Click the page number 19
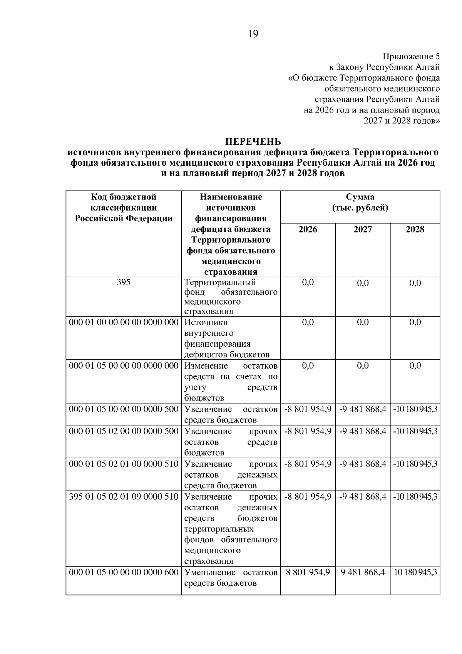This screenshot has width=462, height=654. coord(253,34)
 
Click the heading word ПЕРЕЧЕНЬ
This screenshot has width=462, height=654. coord(253,142)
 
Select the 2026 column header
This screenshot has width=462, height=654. coord(308,230)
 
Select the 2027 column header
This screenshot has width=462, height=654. coord(363,230)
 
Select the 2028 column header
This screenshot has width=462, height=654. coord(415,230)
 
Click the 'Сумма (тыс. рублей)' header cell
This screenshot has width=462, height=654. coord(360,203)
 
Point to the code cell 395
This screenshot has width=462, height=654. coord(124,282)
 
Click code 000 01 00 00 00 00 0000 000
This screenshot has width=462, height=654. coord(124,322)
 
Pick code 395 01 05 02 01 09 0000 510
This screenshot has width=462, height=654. coord(124,497)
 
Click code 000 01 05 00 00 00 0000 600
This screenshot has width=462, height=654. coord(124,573)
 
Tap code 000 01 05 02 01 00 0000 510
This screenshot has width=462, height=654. coord(124,464)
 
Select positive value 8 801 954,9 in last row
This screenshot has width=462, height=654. coord(308,573)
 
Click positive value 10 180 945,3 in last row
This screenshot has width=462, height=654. coord(415,573)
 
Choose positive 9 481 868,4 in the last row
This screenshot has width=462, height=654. coord(363,573)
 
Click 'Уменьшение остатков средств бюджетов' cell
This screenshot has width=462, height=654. coord(231,578)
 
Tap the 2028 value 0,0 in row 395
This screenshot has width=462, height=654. coord(415,283)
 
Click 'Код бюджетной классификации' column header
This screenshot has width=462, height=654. coord(124,208)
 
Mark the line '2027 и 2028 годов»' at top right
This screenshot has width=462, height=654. coord(402,121)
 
